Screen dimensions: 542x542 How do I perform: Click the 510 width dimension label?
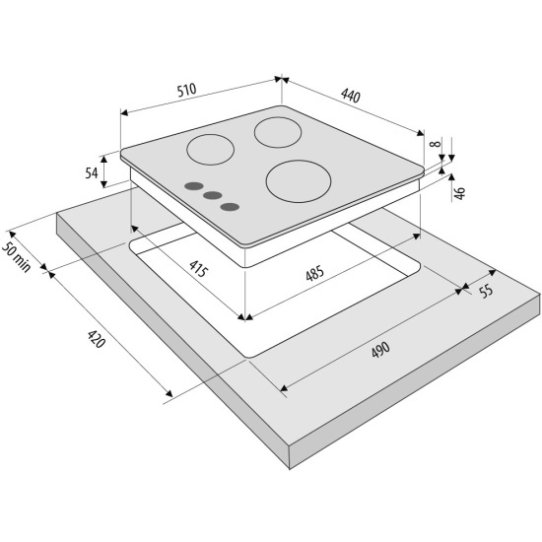click(x=186, y=90)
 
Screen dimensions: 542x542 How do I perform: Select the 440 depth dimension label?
click(x=351, y=96)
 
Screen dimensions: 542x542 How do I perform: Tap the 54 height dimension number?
click(x=92, y=172)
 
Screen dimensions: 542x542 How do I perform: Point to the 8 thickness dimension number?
click(x=437, y=143)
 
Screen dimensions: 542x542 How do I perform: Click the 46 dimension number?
click(x=460, y=193)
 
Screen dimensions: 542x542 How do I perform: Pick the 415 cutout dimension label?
click(x=198, y=269)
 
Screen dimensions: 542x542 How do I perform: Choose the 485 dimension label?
click(x=315, y=273)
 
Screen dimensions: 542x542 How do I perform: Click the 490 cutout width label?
click(x=380, y=350)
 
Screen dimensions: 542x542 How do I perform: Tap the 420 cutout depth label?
click(x=96, y=339)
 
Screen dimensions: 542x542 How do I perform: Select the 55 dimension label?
click(x=487, y=291)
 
